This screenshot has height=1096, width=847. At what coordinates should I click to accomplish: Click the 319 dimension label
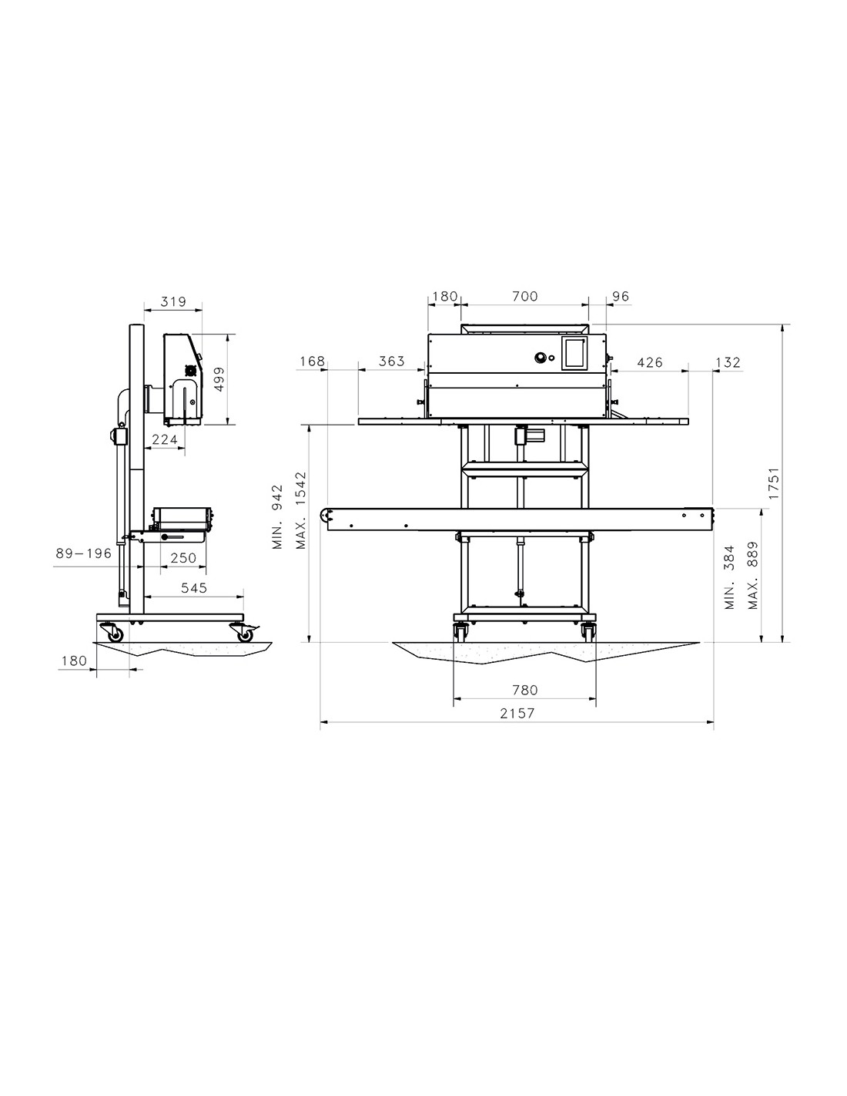pyautogui.click(x=173, y=301)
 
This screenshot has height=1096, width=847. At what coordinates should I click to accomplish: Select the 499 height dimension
pyautogui.click(x=219, y=378)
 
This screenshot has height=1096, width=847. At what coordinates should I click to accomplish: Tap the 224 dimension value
pyautogui.click(x=166, y=440)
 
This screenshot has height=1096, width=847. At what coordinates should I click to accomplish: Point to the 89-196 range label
pyautogui.click(x=84, y=553)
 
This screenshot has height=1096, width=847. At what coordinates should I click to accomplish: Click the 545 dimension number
pyautogui.click(x=194, y=587)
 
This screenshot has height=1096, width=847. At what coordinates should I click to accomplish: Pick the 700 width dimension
pyautogui.click(x=525, y=296)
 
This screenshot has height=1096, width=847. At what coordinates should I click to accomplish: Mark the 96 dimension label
pyautogui.click(x=621, y=296)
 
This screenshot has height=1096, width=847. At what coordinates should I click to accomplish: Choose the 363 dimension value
pyautogui.click(x=391, y=361)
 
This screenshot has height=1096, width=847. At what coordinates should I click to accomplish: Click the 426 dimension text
pyautogui.click(x=650, y=362)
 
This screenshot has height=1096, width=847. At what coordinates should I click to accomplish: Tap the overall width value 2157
pyautogui.click(x=517, y=713)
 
